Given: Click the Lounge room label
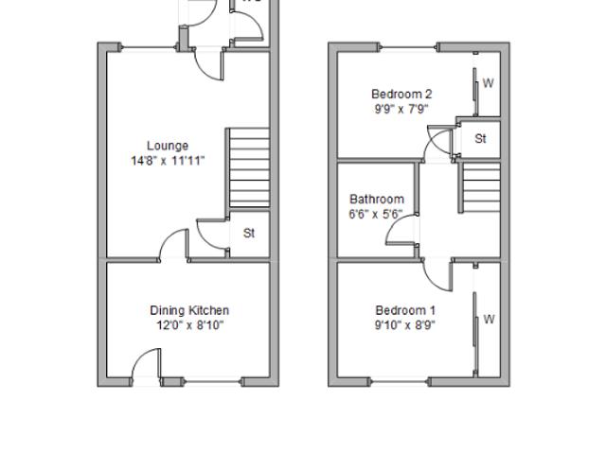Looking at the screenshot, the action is [168, 146].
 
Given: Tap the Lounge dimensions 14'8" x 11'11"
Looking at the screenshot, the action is [168, 161].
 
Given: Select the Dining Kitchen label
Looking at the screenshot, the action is [189, 310].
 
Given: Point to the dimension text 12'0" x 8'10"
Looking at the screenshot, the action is [189, 325].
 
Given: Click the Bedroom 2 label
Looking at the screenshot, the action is [401, 95].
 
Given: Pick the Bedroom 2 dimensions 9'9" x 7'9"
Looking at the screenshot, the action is [401, 109].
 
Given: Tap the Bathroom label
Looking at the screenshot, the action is [377, 200].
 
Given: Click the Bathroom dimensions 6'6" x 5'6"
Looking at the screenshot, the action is [376, 214].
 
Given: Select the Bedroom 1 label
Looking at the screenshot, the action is [405, 310].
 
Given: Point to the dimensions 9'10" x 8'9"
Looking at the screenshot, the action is [405, 325].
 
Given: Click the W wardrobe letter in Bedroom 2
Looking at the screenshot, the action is [489, 83].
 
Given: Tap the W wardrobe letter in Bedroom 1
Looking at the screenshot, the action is [489, 319].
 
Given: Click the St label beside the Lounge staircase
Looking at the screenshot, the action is [249, 233].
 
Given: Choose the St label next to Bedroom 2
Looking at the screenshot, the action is [480, 138].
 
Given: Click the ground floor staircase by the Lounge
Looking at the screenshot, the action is [248, 167].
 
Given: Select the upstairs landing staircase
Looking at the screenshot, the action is [480, 187].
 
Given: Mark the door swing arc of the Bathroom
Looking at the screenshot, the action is [393, 223].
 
